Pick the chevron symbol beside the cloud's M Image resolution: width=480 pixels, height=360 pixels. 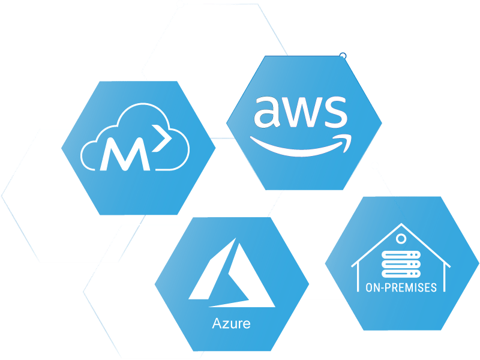(x=159, y=140)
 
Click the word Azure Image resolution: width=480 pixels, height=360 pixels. (x=231, y=325)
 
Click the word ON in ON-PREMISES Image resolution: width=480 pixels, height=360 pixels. (x=373, y=288)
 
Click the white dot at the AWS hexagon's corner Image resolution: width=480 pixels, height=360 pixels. (x=343, y=56)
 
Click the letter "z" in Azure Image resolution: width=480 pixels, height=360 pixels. (x=223, y=325)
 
